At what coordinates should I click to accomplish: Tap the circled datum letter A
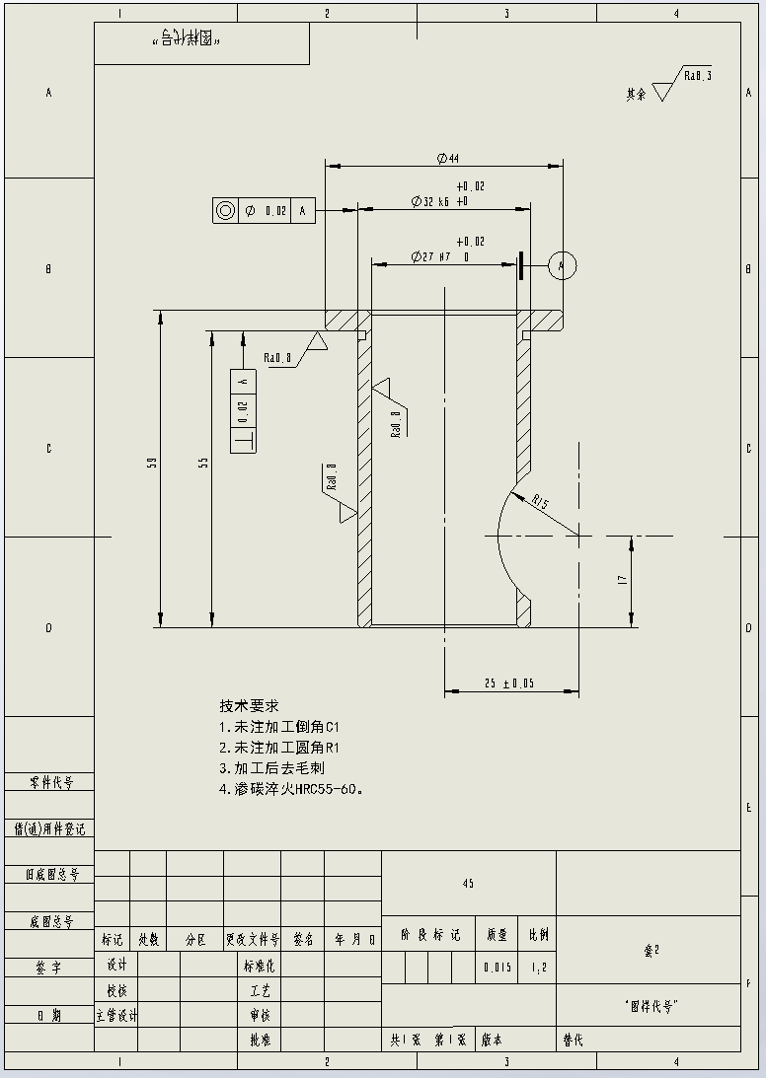coord(562,265)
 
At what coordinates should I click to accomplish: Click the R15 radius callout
coord(540,503)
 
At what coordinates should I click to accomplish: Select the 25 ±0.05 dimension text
coord(509,683)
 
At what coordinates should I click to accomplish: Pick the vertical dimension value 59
coord(153,462)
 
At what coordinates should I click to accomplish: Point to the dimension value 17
coord(623,581)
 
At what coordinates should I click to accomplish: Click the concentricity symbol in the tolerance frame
coord(225,210)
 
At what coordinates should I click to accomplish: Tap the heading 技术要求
coord(249,706)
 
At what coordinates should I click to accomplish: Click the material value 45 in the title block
coord(468,883)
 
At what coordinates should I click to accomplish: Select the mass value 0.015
coord(497,969)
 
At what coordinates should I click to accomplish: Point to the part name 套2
coord(651,950)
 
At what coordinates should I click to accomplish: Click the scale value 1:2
coord(539,969)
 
